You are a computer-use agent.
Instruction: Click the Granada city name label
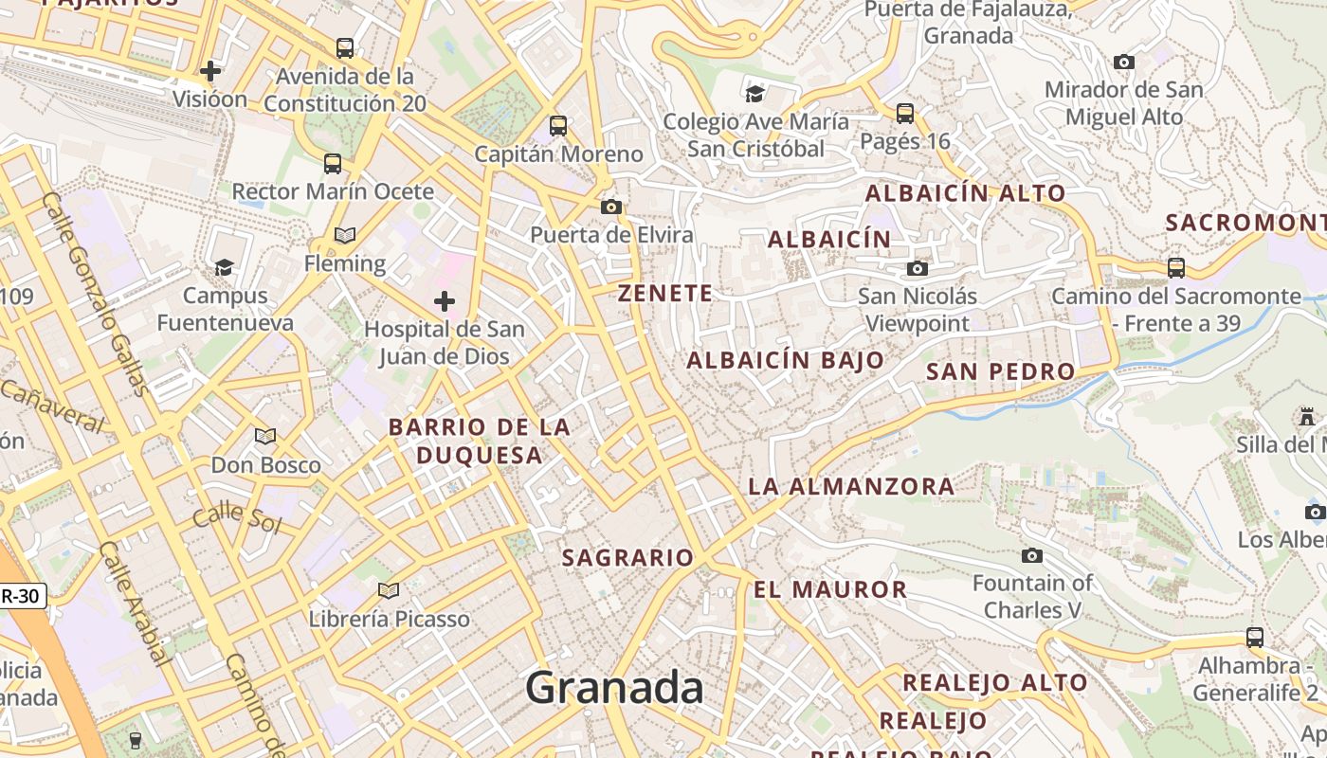click(614, 688)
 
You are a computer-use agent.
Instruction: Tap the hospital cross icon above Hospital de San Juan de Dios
click(444, 302)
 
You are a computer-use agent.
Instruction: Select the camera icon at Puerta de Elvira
click(611, 207)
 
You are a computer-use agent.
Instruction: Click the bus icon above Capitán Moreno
click(558, 125)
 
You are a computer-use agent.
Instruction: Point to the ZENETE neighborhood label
click(665, 294)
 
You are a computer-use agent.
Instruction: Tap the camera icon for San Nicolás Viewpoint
click(917, 269)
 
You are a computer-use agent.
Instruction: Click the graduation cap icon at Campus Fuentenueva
click(224, 268)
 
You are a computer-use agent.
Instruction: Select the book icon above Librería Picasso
click(388, 591)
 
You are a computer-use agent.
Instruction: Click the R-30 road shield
click(21, 596)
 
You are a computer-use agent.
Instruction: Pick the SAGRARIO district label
click(627, 558)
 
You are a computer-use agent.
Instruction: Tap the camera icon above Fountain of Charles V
click(1032, 555)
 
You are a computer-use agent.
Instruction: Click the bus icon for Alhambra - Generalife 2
click(1255, 637)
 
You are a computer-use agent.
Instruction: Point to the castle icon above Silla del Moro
click(1307, 417)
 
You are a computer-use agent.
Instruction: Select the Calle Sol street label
click(237, 519)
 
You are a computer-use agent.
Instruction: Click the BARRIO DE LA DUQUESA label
click(480, 442)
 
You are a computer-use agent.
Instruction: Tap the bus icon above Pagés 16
click(905, 114)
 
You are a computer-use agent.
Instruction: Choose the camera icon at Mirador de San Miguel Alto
click(1124, 63)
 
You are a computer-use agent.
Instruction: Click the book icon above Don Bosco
click(265, 436)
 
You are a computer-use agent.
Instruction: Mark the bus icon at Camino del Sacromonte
click(1176, 268)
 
